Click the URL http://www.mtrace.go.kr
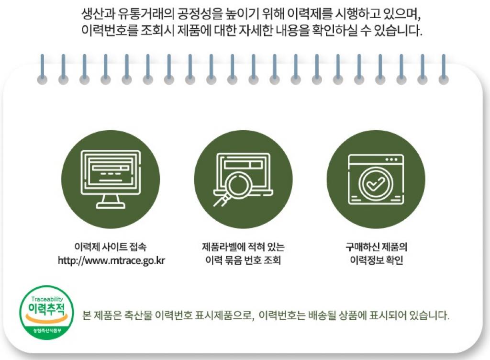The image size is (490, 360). click(x=111, y=260)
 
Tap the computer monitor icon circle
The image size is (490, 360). click(x=111, y=179)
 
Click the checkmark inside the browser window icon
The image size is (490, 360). click(x=376, y=184)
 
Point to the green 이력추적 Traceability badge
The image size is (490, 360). click(x=46, y=313)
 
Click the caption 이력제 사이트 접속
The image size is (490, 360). click(x=111, y=247)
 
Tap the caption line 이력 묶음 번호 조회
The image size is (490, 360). click(x=243, y=260)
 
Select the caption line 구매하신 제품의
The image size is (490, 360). click(x=376, y=247)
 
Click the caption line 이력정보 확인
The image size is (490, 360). click(x=376, y=260)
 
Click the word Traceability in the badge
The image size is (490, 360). click(x=47, y=299)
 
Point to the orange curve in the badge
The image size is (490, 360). click(x=46, y=319)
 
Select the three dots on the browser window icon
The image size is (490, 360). click(x=391, y=159)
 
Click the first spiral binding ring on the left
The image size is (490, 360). click(x=42, y=69)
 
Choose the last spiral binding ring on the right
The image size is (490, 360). click(x=444, y=69)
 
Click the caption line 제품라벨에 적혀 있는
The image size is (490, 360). click(x=243, y=247)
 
